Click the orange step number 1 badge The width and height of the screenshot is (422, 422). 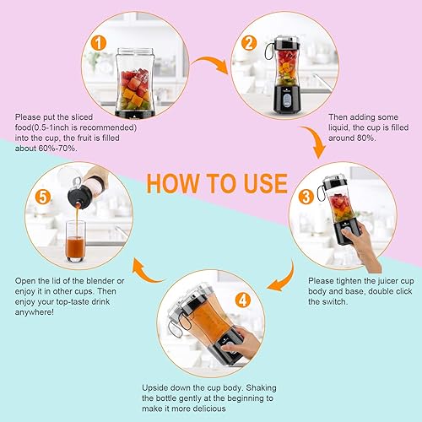(x=99, y=43)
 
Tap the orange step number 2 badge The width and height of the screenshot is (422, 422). (x=249, y=43)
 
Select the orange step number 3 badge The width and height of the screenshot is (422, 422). (x=306, y=197)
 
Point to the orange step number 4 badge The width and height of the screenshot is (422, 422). (x=243, y=300)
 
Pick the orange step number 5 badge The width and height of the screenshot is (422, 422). (x=43, y=197)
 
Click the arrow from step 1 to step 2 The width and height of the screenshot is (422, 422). (x=210, y=61)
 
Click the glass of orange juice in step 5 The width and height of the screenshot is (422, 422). (x=76, y=241)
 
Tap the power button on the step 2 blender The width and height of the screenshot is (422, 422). (x=286, y=100)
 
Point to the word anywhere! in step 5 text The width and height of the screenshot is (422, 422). (x=35, y=312)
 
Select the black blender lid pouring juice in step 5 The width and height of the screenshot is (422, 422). (x=79, y=197)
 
